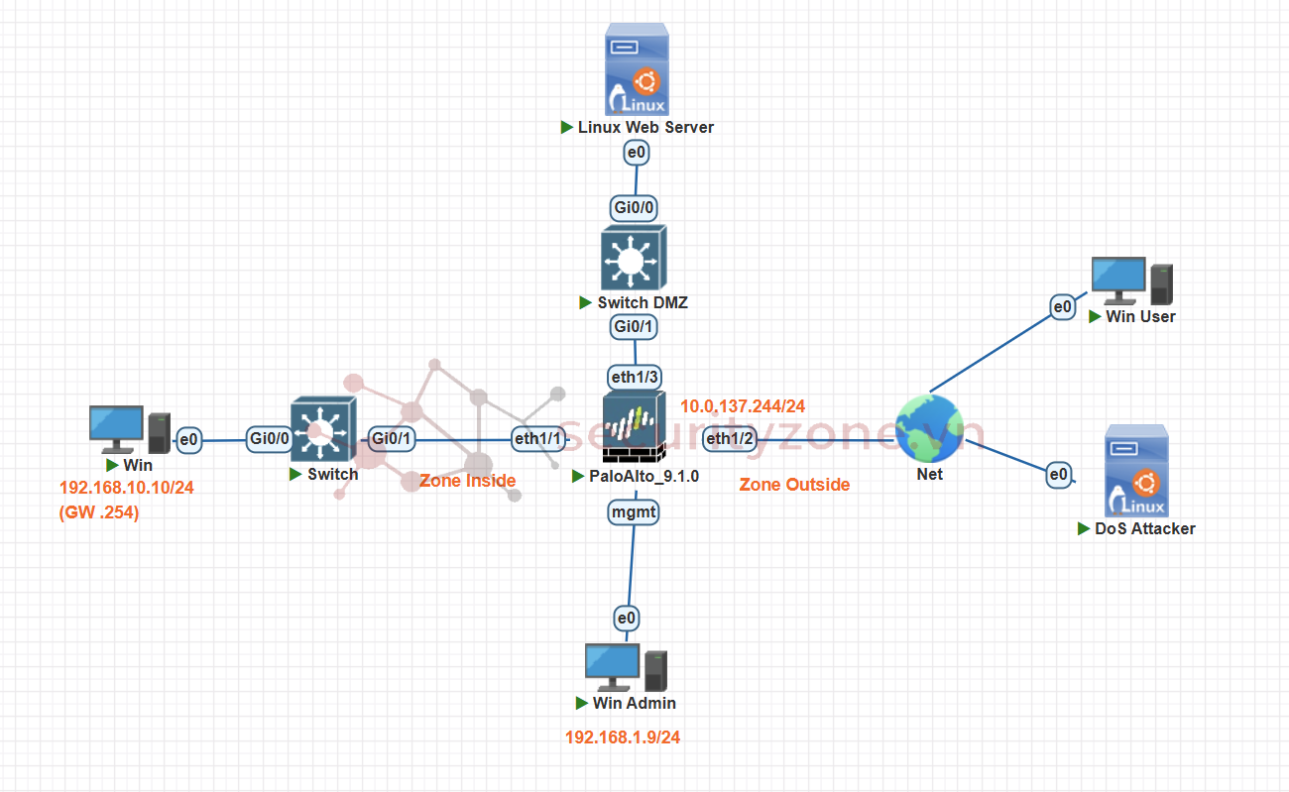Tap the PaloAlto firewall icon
point(636,428)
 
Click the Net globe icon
point(929,428)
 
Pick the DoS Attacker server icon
point(1136,471)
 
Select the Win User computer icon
point(1131,282)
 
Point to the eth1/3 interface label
point(635,377)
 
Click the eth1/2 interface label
point(730,439)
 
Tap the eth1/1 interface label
point(538,439)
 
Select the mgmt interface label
point(634,511)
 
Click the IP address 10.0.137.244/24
point(743,406)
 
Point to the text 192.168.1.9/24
point(623,737)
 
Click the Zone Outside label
point(794,485)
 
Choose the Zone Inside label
point(467,481)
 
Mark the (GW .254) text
point(100,512)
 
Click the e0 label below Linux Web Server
point(636,153)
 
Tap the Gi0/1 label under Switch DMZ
point(635,326)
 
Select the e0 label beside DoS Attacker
point(1059,476)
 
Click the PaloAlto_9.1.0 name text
point(644,476)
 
